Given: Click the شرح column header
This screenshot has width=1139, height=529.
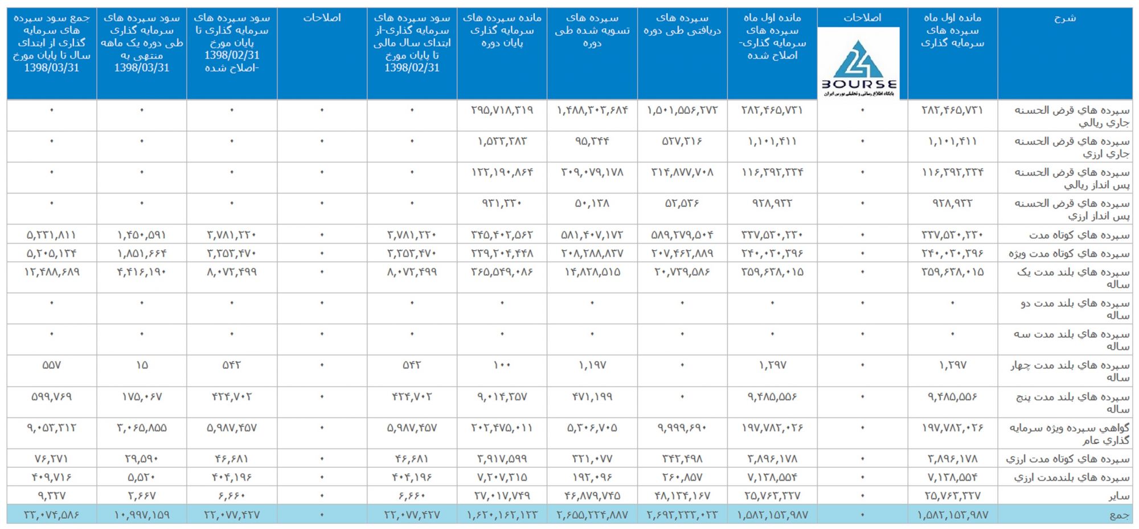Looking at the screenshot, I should tap(1064, 18).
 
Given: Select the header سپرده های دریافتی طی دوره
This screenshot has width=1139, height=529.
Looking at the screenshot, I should tap(682, 24).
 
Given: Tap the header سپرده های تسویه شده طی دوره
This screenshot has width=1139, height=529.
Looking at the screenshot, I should tap(592, 30).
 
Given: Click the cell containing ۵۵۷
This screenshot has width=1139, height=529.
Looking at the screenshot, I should tap(51, 365).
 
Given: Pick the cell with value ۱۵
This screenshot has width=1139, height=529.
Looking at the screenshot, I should tap(142, 365).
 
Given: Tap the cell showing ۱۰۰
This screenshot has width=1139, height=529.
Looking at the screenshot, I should tap(502, 365).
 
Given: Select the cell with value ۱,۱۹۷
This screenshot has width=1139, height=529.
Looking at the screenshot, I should tap(592, 365).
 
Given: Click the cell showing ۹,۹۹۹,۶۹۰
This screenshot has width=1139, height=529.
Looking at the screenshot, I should tap(682, 428).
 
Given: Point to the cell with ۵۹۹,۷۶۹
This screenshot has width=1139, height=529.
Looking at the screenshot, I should tap(51, 396).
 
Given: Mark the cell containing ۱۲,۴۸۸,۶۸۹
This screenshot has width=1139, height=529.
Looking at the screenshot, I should tap(51, 272).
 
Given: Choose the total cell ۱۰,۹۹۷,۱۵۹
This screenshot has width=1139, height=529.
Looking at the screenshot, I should tap(142, 515).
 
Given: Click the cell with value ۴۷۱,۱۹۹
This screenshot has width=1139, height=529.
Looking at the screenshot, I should tap(592, 396).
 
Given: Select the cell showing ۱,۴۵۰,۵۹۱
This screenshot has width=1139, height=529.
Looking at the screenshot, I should tap(142, 235).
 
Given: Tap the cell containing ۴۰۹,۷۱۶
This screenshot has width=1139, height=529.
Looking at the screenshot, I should tap(51, 477).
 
